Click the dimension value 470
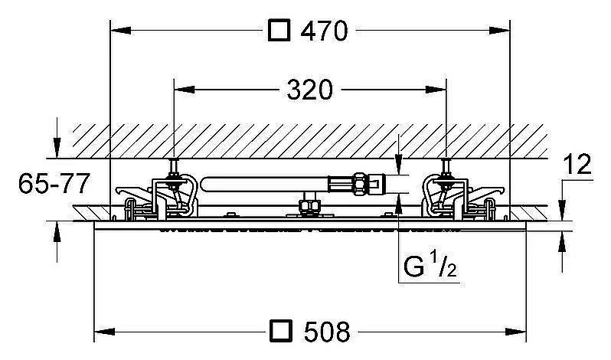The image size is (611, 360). (x=324, y=31)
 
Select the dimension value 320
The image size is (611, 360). (x=310, y=90)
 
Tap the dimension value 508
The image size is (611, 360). (x=327, y=332)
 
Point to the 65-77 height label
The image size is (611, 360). (x=54, y=184)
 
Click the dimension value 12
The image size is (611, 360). (x=577, y=164)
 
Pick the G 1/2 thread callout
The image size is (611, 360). (x=430, y=265)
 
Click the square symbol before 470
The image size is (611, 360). (x=279, y=31)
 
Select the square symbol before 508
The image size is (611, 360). (x=280, y=332)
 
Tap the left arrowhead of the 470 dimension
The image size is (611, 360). (x=121, y=31)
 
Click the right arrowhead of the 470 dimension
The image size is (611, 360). (x=499, y=31)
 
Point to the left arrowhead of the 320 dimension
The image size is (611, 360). (x=185, y=90)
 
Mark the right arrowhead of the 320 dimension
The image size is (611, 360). (x=436, y=90)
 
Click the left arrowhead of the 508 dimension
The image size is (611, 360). (x=104, y=332)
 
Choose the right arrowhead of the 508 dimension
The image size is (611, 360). (x=516, y=332)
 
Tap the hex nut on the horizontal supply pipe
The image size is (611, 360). (x=360, y=183)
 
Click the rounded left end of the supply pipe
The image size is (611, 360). (x=204, y=184)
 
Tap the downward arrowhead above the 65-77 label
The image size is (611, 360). (x=57, y=147)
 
